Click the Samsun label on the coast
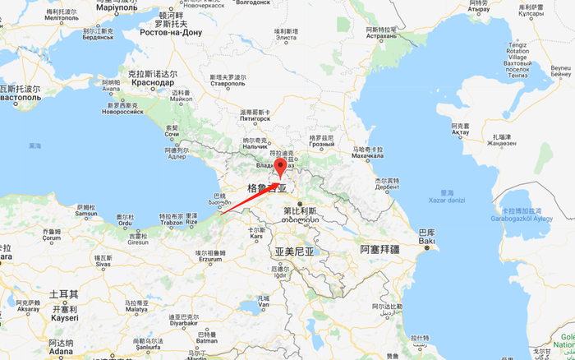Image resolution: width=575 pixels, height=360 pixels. (85, 215)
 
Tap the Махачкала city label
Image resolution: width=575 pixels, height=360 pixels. (367, 159)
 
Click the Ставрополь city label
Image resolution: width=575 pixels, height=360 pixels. (228, 84)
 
